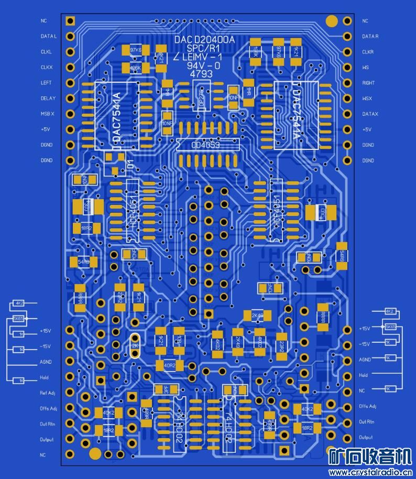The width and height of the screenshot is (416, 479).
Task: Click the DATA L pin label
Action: click(48, 37)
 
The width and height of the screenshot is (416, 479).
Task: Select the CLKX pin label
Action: click(47, 68)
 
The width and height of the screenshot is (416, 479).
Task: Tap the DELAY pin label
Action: click(48, 99)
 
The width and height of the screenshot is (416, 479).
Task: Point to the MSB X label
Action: click(47, 114)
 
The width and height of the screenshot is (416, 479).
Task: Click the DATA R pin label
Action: click(370, 37)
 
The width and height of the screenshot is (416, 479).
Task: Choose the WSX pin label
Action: click(367, 99)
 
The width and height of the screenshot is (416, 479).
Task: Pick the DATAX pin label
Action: click(370, 114)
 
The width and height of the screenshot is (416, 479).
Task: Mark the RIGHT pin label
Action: click(368, 83)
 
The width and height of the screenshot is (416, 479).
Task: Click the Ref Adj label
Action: click(47, 393)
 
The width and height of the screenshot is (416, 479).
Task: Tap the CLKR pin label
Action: click(368, 52)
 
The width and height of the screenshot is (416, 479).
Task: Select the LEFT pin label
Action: click(46, 83)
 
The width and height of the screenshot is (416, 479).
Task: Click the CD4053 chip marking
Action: click(205, 145)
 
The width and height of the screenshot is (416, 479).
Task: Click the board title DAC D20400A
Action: click(205, 40)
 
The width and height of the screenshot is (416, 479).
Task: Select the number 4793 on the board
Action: click(201, 74)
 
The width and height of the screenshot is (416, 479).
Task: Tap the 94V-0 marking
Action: click(203, 66)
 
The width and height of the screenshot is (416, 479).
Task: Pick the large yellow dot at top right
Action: click(331, 21)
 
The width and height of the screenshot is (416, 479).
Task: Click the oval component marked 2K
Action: click(135, 345)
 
